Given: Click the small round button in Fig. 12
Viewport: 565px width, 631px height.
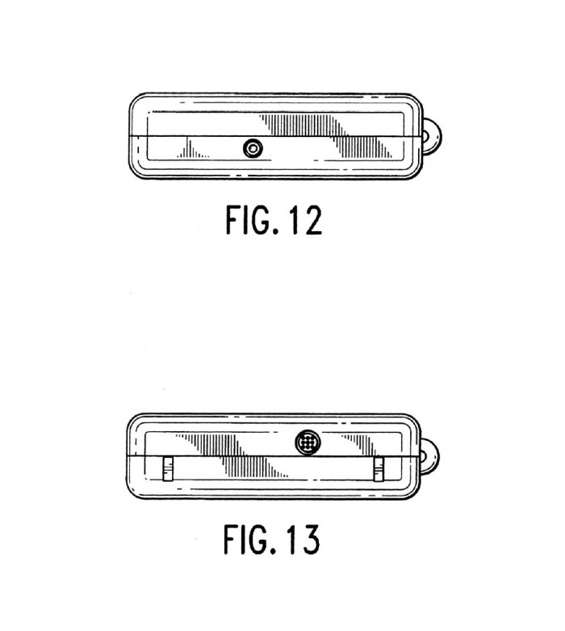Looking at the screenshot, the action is pos(253,148).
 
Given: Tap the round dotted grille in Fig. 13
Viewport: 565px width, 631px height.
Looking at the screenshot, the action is pos(308,442).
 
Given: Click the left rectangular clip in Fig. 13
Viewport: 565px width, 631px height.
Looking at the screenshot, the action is pos(168,469).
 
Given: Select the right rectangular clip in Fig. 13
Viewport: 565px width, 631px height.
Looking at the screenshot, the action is pos(379,469).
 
